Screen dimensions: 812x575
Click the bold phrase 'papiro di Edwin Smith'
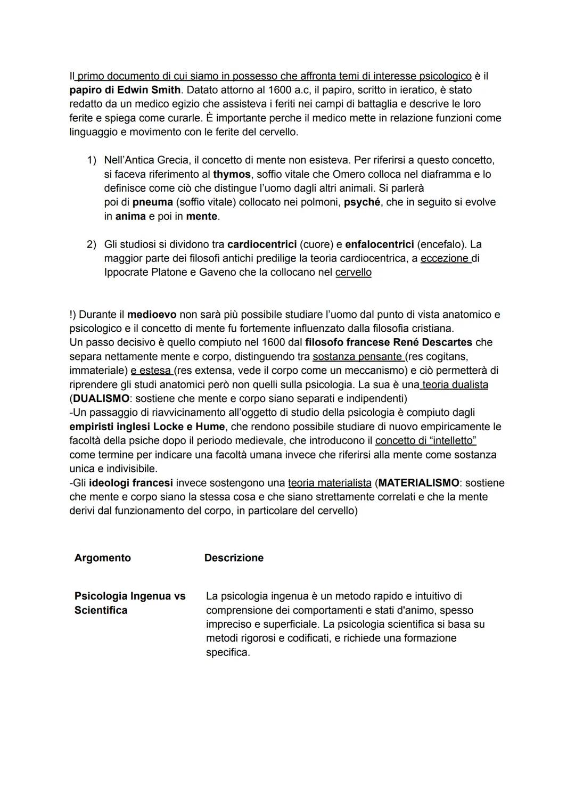[125, 90]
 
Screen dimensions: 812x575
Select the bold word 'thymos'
[232, 174]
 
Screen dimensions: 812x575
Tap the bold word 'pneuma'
[152, 202]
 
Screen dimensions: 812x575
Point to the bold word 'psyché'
[362, 202]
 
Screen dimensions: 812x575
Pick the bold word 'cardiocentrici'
[261, 244]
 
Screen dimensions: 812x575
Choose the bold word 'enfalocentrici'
[379, 244]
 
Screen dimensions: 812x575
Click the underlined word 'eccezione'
[445, 258]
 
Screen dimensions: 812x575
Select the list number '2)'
[92, 244]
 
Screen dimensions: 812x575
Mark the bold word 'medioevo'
[151, 315]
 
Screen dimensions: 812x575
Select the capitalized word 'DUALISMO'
[101, 398]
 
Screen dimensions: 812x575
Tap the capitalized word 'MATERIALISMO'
[418, 483]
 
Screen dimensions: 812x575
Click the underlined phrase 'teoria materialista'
[330, 483]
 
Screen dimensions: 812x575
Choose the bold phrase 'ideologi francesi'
[130, 483]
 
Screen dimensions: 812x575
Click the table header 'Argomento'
[102, 558]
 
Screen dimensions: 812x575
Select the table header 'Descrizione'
[234, 558]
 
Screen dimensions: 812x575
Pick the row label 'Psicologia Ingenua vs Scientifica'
[130, 603]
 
